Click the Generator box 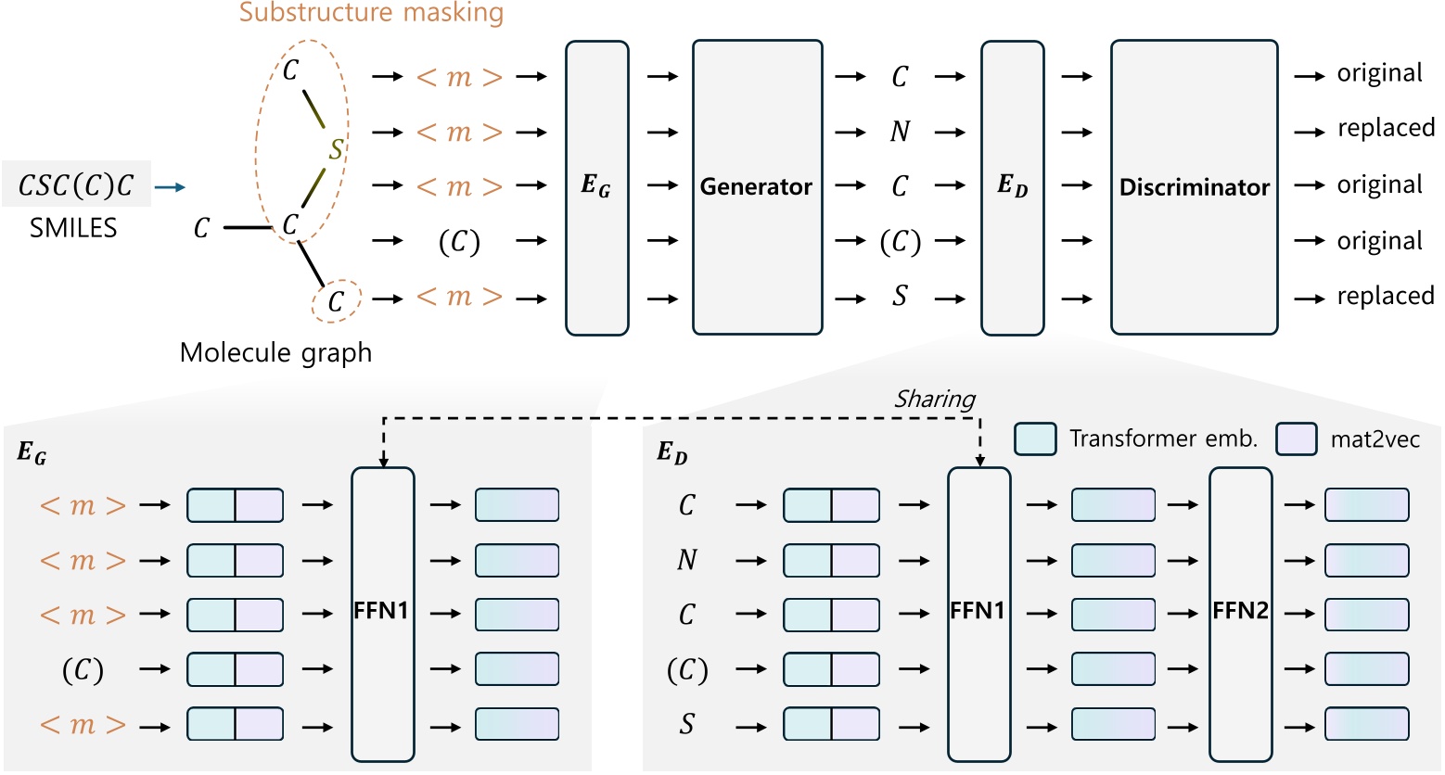click(757, 187)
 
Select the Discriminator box click(1194, 187)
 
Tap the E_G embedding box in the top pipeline click(596, 187)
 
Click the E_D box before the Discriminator click(1012, 187)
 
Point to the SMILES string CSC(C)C click(76, 186)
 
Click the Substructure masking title click(371, 13)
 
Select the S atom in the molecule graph click(336, 148)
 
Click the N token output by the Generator click(900, 132)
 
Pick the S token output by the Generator click(900, 297)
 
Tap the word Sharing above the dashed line click(934, 399)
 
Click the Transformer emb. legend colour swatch click(1035, 439)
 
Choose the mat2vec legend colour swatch click(1296, 439)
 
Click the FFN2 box click(1240, 612)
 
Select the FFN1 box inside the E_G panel click(382, 612)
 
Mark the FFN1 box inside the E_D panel click(978, 612)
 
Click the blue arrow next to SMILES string click(170, 188)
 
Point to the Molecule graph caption click(275, 353)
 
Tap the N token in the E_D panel click(686, 560)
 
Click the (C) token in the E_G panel click(83, 669)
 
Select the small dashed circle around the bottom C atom click(335, 300)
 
